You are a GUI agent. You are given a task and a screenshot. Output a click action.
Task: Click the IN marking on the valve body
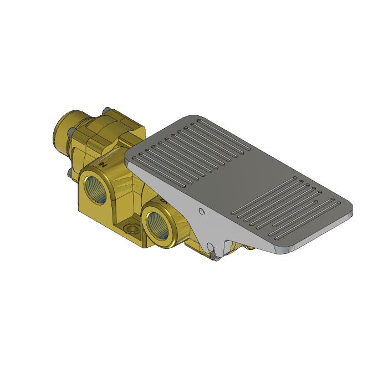(x=101, y=164)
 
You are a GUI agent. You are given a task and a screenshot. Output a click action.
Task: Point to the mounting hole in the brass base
(x=131, y=228)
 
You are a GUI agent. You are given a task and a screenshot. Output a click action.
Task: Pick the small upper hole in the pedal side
(x=202, y=211)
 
